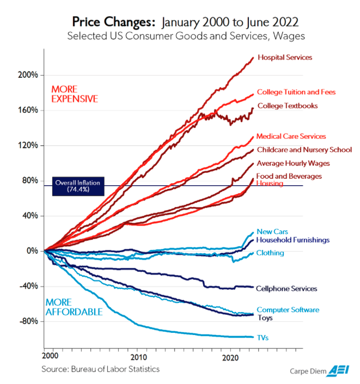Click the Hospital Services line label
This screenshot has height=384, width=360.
285,57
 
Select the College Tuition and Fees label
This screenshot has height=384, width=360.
296,92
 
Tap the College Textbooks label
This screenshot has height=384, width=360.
288,106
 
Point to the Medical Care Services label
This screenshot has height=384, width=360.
291,136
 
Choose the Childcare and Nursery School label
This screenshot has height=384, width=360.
304,150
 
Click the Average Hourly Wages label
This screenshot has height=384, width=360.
293,163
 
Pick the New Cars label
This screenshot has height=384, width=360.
272,231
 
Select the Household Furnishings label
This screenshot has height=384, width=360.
292,240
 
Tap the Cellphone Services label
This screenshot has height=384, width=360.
286,289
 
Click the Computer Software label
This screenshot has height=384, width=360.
288,310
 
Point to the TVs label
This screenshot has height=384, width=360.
263,338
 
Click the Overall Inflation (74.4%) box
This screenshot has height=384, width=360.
78,186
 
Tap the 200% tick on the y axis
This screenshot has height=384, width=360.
41,75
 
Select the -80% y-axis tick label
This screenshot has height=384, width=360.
29,321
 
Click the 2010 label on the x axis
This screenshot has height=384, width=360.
139,357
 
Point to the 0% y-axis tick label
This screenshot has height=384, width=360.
32,251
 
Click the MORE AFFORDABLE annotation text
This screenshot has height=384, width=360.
74,307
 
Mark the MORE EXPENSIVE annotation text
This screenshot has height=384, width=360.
75,94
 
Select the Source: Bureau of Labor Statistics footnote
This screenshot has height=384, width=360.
100,369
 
